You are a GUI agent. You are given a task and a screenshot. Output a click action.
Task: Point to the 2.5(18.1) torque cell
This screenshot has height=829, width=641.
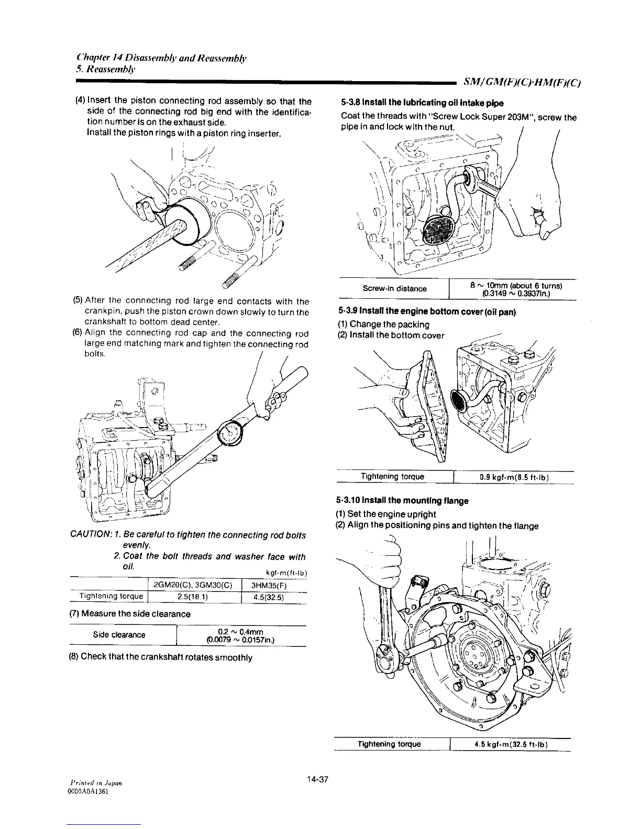coord(193,596)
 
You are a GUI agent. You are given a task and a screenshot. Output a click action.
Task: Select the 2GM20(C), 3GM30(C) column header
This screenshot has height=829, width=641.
coord(193,585)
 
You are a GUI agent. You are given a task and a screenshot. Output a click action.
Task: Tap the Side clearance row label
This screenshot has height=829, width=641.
coord(119,635)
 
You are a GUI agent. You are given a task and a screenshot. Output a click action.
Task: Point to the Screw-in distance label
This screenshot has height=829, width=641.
coord(394,288)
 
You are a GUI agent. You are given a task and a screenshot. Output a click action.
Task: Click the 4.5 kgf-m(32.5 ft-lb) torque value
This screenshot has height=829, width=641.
coord(510,744)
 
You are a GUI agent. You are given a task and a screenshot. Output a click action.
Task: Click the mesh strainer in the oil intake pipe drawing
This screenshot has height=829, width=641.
coord(441,229)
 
